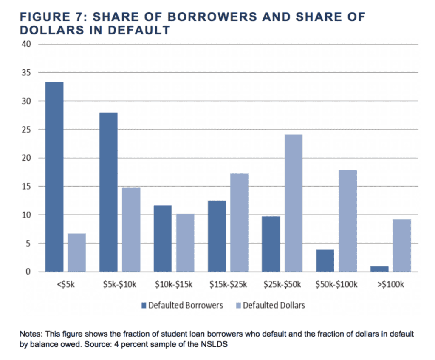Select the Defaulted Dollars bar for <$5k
[x=77, y=252]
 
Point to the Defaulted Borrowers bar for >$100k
[x=380, y=269]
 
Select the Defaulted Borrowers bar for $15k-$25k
[x=217, y=236]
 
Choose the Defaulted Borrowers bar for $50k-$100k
[x=325, y=261]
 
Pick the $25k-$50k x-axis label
[x=282, y=284]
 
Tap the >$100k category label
[x=391, y=284]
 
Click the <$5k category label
[x=65, y=284]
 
